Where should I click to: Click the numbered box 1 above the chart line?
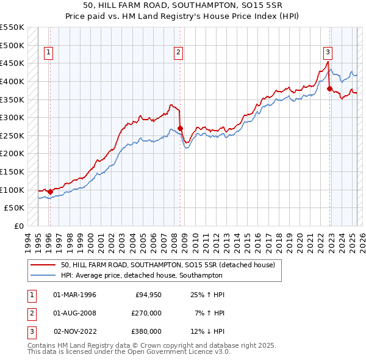(x=48, y=52)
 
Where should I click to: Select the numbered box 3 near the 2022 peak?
(x=328, y=52)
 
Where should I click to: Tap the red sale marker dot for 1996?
(x=50, y=192)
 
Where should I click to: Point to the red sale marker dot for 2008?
(x=181, y=128)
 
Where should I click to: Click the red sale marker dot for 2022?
(x=329, y=88)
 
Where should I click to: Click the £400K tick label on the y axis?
(x=12, y=81)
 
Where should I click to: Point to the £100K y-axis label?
(x=12, y=190)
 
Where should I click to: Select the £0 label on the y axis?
(x=18, y=226)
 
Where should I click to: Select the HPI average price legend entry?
(x=143, y=275)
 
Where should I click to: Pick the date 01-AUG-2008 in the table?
(x=74, y=313)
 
